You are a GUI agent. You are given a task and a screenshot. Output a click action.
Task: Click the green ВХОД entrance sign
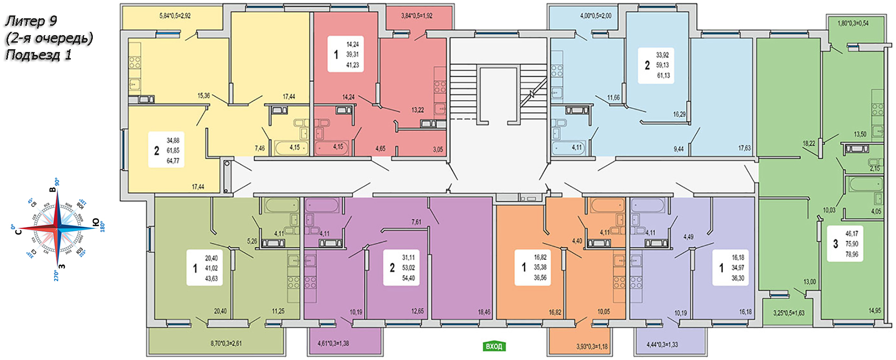494,346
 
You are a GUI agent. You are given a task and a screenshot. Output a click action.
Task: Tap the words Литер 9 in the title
31,21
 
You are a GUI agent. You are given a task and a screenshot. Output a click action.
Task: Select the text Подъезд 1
38,55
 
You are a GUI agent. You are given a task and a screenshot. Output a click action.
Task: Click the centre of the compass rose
57,228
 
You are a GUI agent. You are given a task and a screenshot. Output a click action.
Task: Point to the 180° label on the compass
102,227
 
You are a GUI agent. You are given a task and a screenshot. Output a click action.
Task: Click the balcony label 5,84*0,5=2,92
175,15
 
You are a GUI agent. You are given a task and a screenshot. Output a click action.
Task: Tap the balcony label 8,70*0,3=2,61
226,344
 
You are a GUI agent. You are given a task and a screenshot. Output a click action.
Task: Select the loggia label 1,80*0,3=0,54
853,23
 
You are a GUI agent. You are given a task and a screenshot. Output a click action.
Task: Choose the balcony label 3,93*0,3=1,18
592,347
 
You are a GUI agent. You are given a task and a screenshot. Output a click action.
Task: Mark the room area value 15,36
203,96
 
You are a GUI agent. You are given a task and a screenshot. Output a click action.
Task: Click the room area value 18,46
484,312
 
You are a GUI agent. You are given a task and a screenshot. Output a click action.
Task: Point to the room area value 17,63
745,148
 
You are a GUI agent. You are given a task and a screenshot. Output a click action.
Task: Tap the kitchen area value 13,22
418,110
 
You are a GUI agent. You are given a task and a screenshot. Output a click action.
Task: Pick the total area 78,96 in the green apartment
852,255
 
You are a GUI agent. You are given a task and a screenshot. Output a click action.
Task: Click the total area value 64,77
173,161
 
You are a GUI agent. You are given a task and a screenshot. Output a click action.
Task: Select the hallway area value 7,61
416,222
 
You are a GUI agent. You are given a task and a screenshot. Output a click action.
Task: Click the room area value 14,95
874,311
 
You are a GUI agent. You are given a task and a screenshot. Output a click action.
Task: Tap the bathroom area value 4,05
876,212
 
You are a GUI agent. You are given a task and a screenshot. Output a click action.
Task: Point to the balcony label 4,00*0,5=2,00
595,15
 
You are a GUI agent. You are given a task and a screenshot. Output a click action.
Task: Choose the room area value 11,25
278,311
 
